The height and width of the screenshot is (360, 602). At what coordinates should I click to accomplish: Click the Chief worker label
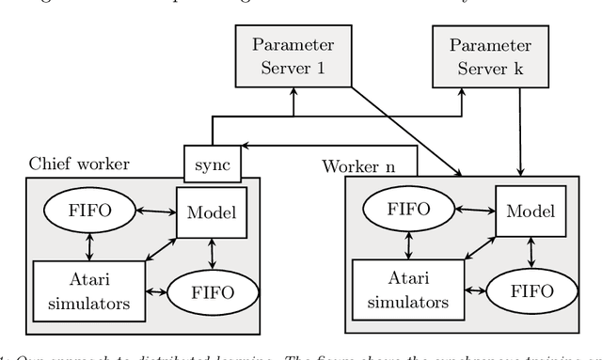tap(80, 164)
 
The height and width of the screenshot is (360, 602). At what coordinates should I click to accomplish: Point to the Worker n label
tap(359, 166)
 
